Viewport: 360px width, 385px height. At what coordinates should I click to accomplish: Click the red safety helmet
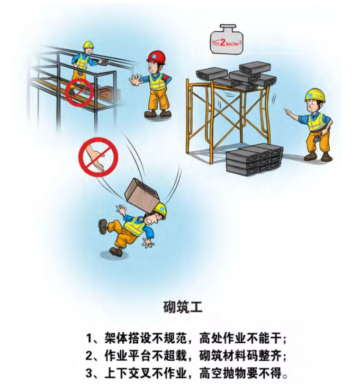click(156, 57)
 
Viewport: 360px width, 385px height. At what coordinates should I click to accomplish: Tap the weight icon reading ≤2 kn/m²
click(226, 39)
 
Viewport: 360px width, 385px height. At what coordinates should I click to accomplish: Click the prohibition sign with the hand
click(98, 157)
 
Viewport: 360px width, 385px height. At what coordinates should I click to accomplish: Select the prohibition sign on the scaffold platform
click(79, 92)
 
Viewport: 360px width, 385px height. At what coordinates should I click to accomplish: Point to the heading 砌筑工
click(183, 307)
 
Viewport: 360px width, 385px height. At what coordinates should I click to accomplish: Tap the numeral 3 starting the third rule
click(89, 374)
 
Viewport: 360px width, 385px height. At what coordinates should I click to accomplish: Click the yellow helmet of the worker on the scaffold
click(89, 45)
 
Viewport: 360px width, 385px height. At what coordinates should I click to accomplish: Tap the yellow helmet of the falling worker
click(160, 210)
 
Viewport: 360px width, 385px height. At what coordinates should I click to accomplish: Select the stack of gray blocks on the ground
click(254, 160)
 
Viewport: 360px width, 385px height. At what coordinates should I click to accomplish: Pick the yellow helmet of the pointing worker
click(315, 95)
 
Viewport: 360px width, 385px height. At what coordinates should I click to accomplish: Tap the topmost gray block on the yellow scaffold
click(255, 67)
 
